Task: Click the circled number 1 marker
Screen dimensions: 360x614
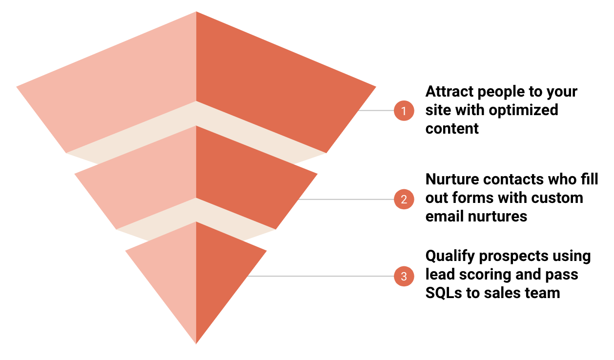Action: click(404, 111)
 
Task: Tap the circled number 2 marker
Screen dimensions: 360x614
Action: click(404, 200)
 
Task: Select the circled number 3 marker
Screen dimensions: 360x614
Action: click(404, 277)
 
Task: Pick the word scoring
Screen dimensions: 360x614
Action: click(481, 275)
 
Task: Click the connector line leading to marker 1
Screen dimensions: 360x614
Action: click(376, 111)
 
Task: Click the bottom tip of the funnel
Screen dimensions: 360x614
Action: click(196, 341)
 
